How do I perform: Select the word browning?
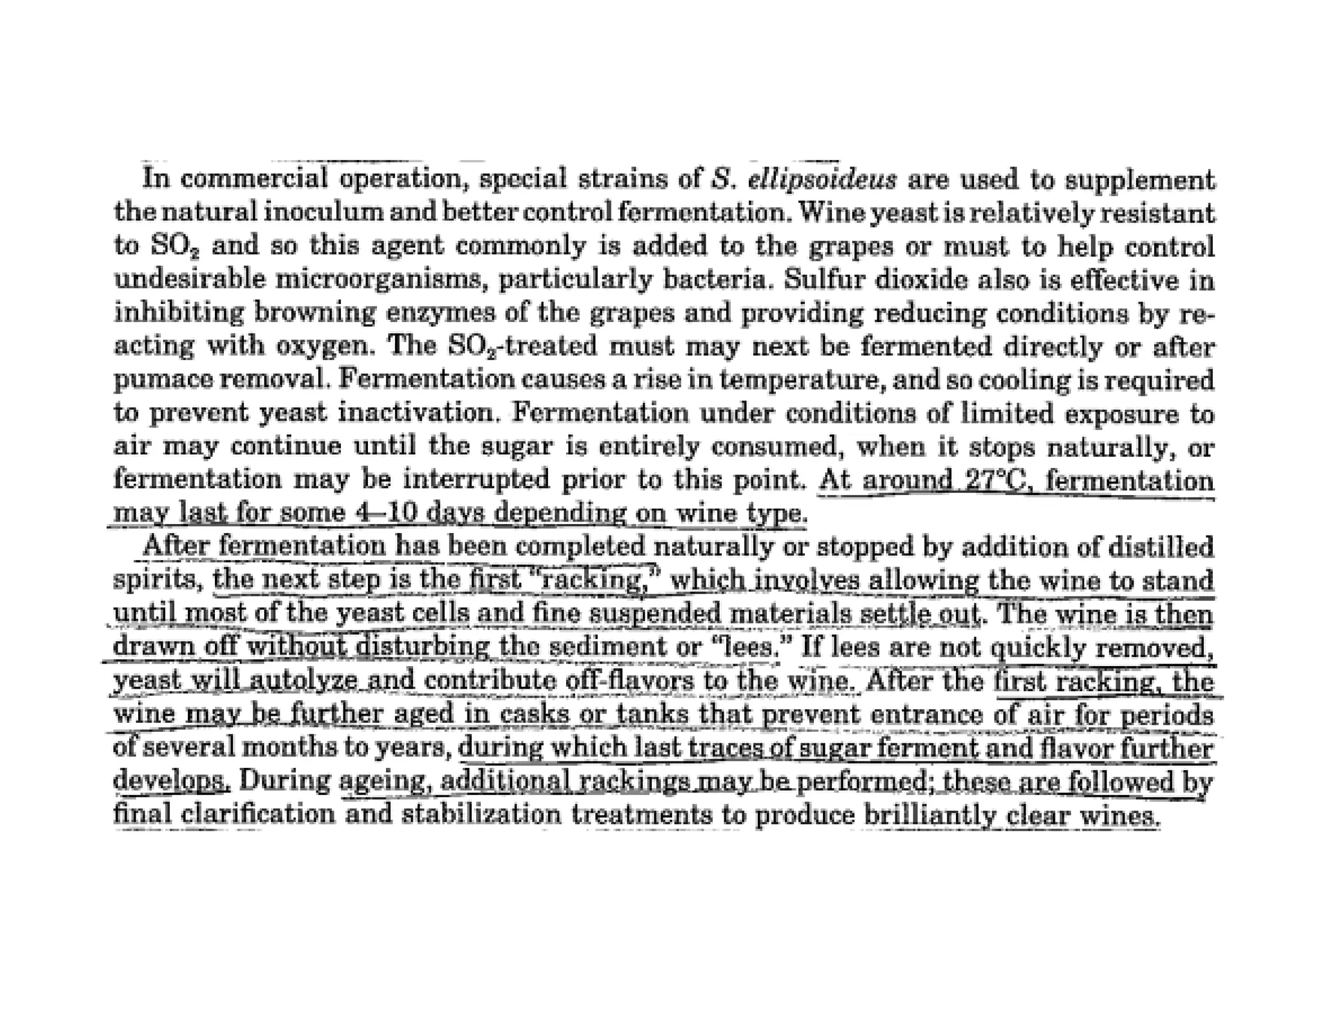click(314, 314)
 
